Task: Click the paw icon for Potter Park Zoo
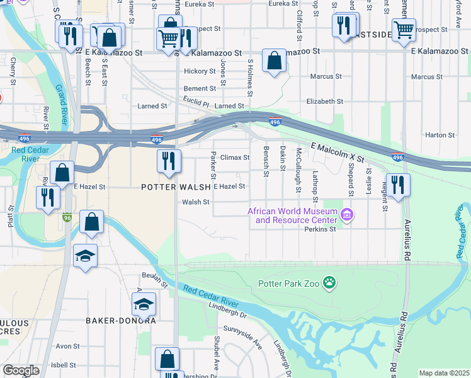(329, 283)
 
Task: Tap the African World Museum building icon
(346, 216)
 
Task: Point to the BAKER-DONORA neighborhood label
(120, 320)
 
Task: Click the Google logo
(21, 370)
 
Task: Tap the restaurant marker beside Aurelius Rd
(397, 185)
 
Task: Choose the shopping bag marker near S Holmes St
(274, 61)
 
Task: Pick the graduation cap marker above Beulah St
(85, 256)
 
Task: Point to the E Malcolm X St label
(338, 154)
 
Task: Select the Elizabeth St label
(324, 101)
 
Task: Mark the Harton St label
(440, 135)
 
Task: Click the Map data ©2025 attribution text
(444, 373)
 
